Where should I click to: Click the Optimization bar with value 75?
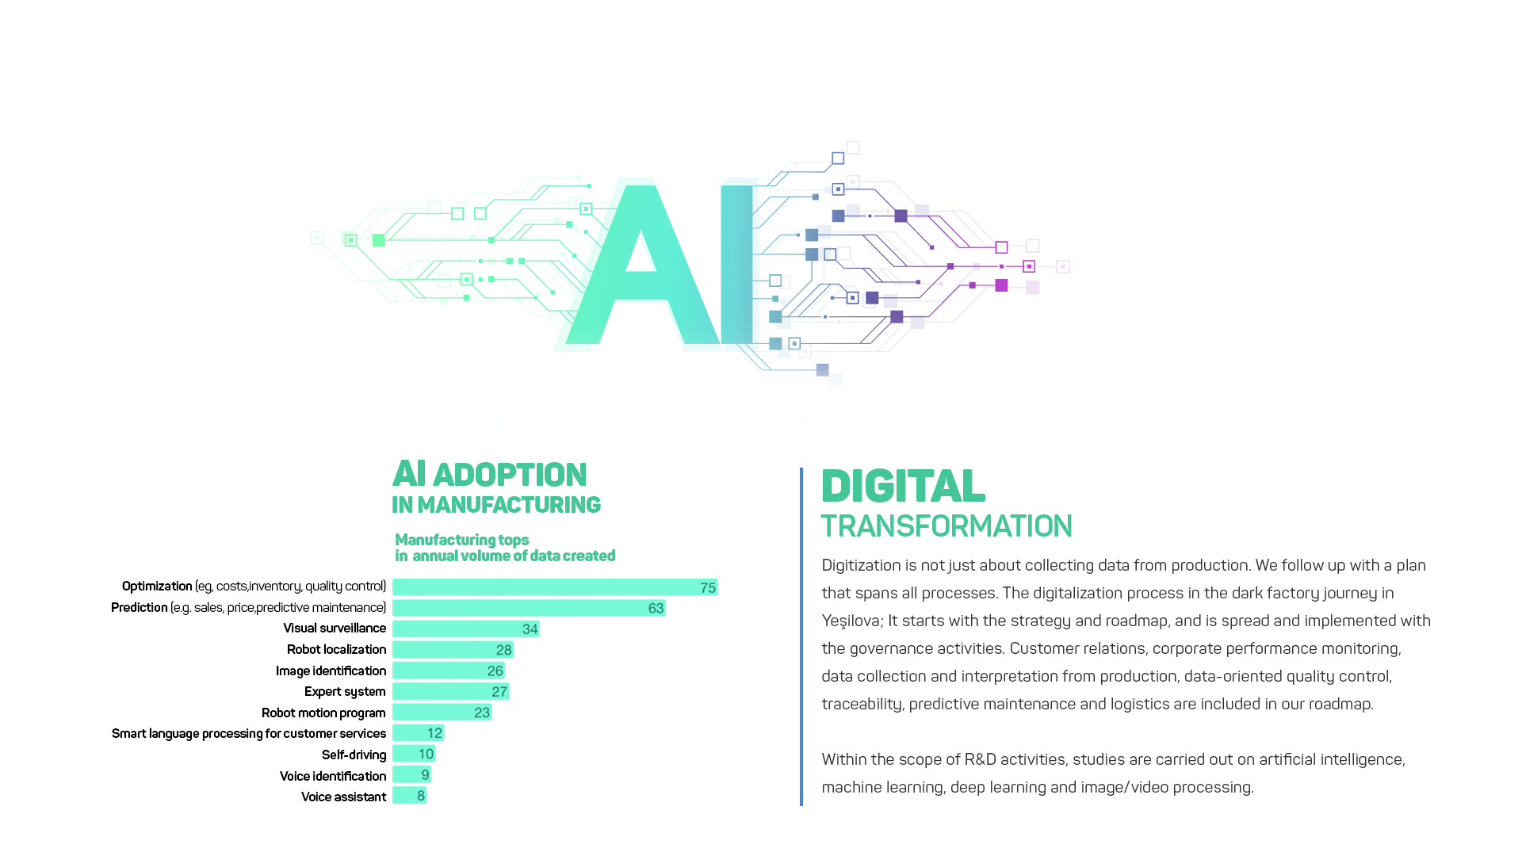pos(555,587)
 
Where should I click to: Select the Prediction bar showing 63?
pos(529,608)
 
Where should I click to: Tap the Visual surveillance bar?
pos(466,629)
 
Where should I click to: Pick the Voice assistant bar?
pos(410,795)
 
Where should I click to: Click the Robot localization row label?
pos(336,649)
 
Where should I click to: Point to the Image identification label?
pos(331,671)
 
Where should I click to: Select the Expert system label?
pos(345,692)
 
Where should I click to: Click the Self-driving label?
pos(354,755)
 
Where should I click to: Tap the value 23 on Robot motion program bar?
pos(482,713)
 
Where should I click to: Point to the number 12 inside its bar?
pos(434,733)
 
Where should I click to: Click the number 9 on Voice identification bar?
pos(425,775)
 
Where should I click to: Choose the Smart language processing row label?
pos(249,734)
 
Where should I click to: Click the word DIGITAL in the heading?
pos(903,486)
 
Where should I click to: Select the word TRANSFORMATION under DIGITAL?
pos(946,526)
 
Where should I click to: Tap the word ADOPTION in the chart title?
pos(510,475)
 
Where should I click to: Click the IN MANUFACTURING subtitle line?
pos(496,505)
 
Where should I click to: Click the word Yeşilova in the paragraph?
pos(851,621)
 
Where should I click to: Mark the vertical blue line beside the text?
pos(801,636)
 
